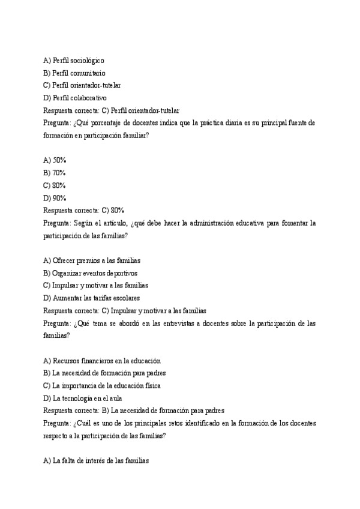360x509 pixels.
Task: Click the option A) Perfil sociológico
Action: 74,61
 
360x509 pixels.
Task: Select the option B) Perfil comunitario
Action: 74,73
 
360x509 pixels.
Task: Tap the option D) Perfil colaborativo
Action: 75,97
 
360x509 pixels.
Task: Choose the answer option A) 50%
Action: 55,160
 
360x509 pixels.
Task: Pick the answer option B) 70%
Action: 55,173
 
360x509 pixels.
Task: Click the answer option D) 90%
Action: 55,197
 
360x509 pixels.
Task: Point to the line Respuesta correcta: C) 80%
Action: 83,210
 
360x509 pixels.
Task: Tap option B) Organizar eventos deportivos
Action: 94,273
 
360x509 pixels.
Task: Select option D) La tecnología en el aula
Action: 87,398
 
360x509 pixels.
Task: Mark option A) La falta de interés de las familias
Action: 95,460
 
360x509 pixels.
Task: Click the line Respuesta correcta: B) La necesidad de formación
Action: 134,411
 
